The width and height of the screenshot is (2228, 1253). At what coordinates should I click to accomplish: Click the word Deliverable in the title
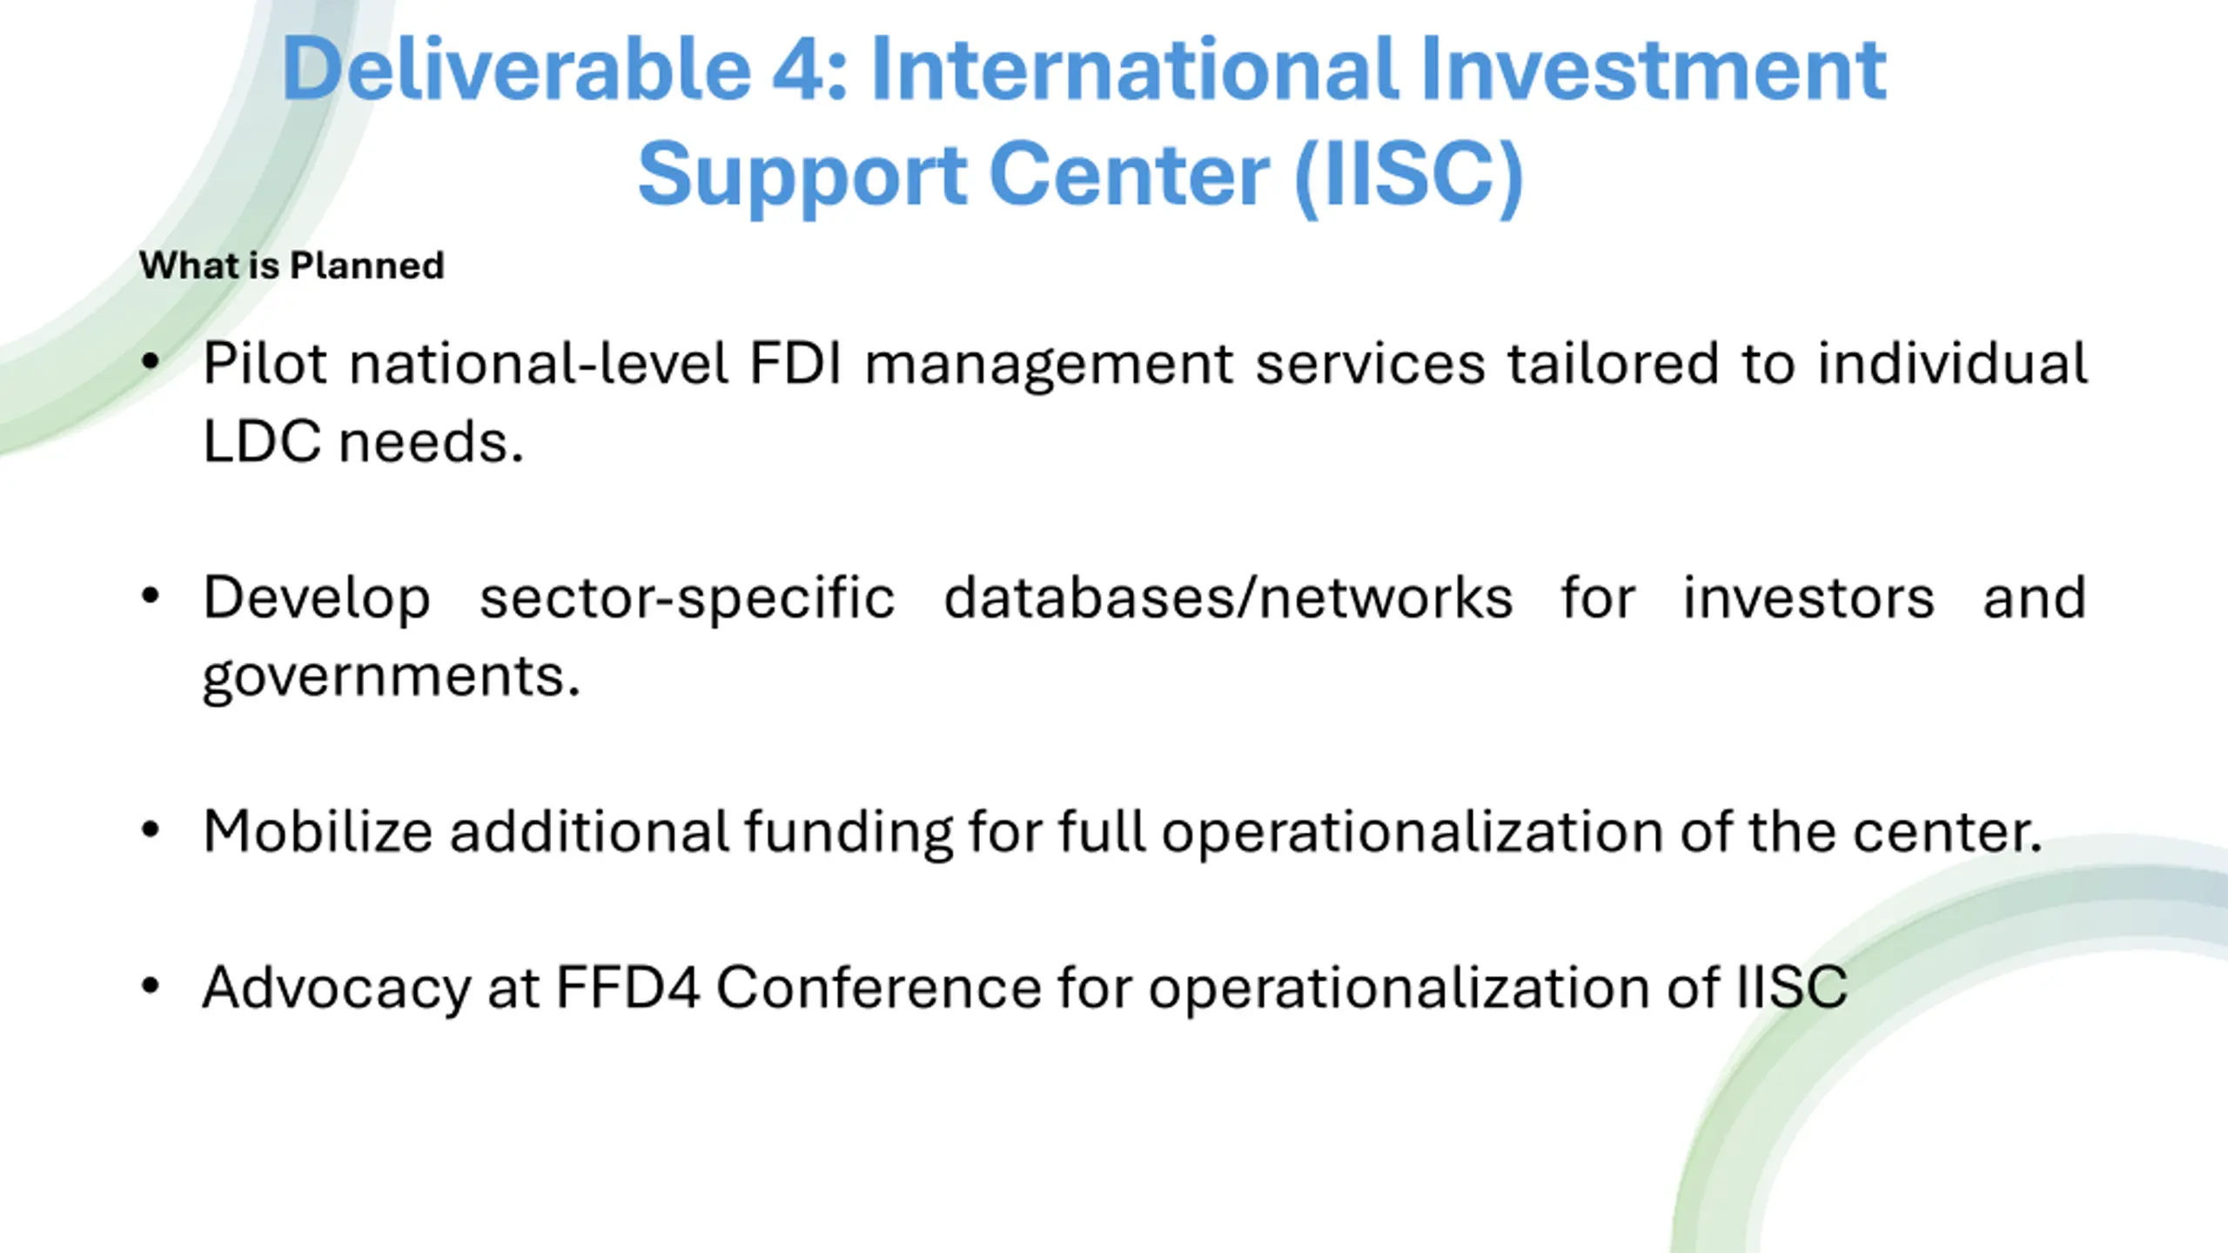tap(516, 69)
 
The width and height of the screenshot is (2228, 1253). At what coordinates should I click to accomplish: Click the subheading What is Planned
tap(292, 265)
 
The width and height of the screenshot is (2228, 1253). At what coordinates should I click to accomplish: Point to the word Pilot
tap(265, 363)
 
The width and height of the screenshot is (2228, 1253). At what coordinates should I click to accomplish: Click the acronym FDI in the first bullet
tap(795, 363)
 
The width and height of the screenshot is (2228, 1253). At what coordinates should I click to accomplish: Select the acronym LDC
tap(261, 441)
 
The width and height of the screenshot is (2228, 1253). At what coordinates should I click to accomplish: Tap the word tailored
tap(1613, 363)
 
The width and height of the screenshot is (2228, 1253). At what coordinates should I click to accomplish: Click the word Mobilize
tap(318, 831)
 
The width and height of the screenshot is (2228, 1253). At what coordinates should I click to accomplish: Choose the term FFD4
tap(627, 988)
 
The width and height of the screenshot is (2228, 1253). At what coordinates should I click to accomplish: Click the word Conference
tap(878, 988)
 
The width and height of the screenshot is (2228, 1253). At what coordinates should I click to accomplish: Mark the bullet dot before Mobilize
tap(151, 830)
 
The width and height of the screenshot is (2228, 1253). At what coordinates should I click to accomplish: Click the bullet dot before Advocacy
tap(151, 987)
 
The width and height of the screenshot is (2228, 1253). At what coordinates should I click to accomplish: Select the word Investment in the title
tap(1653, 69)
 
